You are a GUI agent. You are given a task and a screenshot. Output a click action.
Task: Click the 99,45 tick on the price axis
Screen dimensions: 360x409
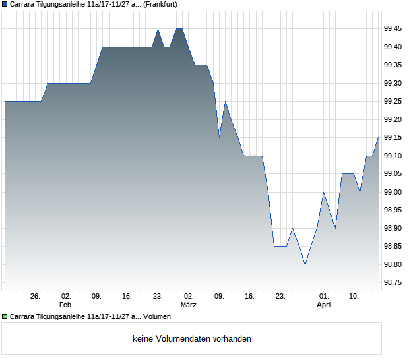tap(393, 28)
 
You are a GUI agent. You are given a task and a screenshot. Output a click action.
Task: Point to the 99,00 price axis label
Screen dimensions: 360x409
tap(393, 192)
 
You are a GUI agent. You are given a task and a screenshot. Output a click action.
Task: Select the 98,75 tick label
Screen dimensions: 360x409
tap(393, 282)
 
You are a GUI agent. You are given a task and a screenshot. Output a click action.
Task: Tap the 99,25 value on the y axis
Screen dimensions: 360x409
tap(393, 101)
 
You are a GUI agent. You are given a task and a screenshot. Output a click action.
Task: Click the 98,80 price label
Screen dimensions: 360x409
tap(393, 264)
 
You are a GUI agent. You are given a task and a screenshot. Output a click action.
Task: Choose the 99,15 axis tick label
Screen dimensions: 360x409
tap(393, 137)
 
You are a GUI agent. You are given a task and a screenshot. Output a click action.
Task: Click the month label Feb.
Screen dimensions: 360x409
tap(66, 305)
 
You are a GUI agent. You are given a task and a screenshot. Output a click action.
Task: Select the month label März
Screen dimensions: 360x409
tap(189, 305)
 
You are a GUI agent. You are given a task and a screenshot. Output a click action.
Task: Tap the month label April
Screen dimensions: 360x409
tap(324, 305)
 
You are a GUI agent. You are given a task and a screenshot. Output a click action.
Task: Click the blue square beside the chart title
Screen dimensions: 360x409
tap(5, 4)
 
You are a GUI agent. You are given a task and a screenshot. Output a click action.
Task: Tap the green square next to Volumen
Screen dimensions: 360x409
tap(5, 317)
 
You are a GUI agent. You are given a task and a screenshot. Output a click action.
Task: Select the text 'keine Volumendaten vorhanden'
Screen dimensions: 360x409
tap(192, 339)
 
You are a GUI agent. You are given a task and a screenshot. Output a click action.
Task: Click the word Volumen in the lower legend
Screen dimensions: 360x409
tap(157, 317)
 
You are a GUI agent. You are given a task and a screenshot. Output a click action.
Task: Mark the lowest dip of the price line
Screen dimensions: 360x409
tap(305, 264)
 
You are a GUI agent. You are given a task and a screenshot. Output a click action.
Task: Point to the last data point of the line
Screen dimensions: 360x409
tap(378, 137)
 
